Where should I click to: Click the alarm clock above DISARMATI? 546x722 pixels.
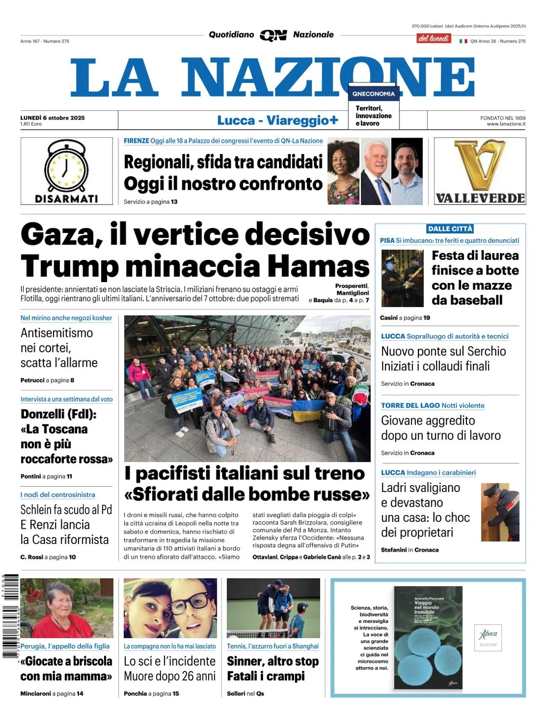pyautogui.click(x=67, y=167)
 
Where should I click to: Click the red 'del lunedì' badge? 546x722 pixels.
pyautogui.click(x=434, y=39)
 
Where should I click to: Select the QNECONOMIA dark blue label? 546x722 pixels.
pyautogui.click(x=373, y=94)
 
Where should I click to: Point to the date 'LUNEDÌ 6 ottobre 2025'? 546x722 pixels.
pyautogui.click(x=53, y=118)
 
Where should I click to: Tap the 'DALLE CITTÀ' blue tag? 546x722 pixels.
pyautogui.click(x=450, y=229)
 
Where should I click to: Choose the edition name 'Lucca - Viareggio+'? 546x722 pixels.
pyautogui.click(x=278, y=120)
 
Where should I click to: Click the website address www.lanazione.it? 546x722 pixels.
pyautogui.click(x=506, y=124)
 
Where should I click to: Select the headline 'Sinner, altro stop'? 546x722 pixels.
pyautogui.click(x=273, y=661)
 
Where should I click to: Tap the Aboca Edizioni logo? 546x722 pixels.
pyautogui.click(x=488, y=637)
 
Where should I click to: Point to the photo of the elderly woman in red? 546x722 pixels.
pyautogui.click(x=67, y=608)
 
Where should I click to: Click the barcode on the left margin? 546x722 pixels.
pyautogui.click(x=11, y=616)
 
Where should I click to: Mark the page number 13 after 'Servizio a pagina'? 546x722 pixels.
pyautogui.click(x=174, y=202)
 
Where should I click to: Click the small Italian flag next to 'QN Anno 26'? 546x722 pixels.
pyautogui.click(x=463, y=41)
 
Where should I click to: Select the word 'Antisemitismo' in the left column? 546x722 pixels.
pyautogui.click(x=57, y=333)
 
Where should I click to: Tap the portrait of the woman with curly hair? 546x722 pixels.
pyautogui.click(x=343, y=171)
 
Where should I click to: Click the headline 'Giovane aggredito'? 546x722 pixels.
pyautogui.click(x=428, y=421)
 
